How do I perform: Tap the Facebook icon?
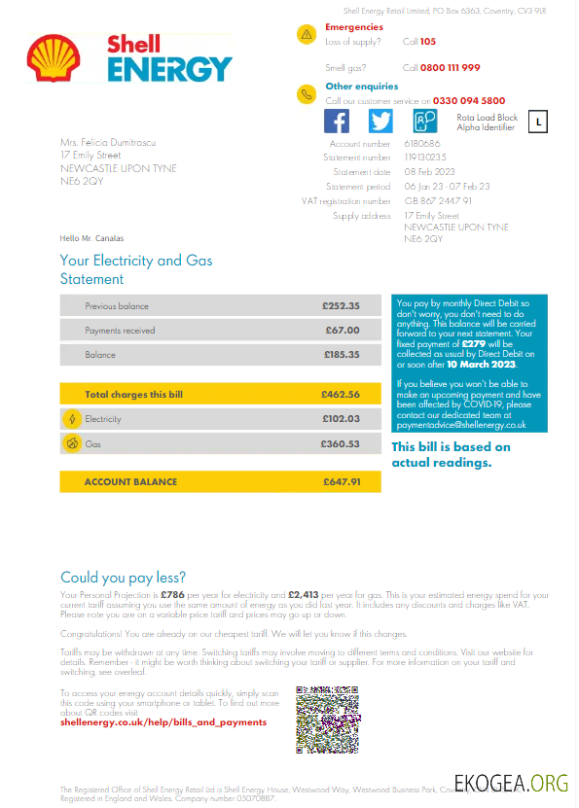tap(337, 121)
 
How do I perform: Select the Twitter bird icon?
tap(380, 121)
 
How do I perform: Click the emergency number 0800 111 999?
tap(451, 67)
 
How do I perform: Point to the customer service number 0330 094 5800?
tap(469, 100)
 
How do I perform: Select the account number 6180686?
tap(422, 144)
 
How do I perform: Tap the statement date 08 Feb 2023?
tap(431, 172)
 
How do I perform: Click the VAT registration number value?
tap(438, 200)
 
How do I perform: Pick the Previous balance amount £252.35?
tap(341, 306)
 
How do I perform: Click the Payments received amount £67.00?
tap(343, 331)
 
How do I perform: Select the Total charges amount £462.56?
tap(341, 395)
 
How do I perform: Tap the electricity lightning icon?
tap(71, 419)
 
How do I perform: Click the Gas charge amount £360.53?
tap(341, 443)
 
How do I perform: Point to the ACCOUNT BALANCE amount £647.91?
tap(342, 481)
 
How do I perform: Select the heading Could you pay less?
tap(123, 578)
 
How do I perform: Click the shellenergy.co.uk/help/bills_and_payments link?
tap(163, 722)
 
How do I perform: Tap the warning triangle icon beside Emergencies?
tap(308, 34)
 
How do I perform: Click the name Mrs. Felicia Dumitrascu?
tap(108, 143)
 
